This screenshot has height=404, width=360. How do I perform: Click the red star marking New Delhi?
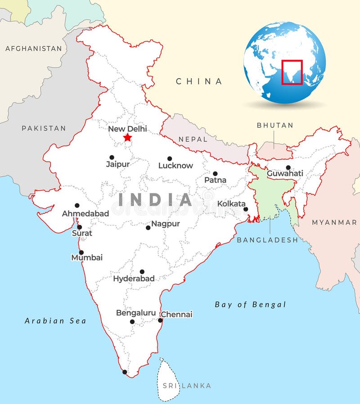[128, 137]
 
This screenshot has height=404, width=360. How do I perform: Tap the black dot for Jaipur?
[112, 157]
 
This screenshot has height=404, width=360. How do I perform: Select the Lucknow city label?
[175, 166]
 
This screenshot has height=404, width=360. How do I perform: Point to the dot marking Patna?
[215, 174]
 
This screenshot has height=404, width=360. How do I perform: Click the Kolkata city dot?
[246, 209]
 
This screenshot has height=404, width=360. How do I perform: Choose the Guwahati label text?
[285, 174]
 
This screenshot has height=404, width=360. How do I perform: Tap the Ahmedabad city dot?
[77, 206]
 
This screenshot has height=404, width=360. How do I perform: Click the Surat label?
[82, 233]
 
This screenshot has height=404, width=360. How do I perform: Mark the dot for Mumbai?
[81, 252]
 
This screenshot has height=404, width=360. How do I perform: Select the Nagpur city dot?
[148, 228]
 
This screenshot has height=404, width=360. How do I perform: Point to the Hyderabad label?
[134, 278]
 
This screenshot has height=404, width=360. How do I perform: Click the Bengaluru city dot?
[132, 322]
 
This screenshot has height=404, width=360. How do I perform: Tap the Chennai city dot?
[160, 320]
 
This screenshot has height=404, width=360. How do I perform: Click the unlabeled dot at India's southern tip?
[125, 372]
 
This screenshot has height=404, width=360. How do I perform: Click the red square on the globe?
[292, 72]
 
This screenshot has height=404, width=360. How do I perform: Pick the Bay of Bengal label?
[250, 305]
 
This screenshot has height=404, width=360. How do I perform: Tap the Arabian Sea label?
[55, 321]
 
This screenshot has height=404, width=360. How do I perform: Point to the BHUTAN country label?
[275, 126]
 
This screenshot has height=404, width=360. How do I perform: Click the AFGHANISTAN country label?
[33, 48]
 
